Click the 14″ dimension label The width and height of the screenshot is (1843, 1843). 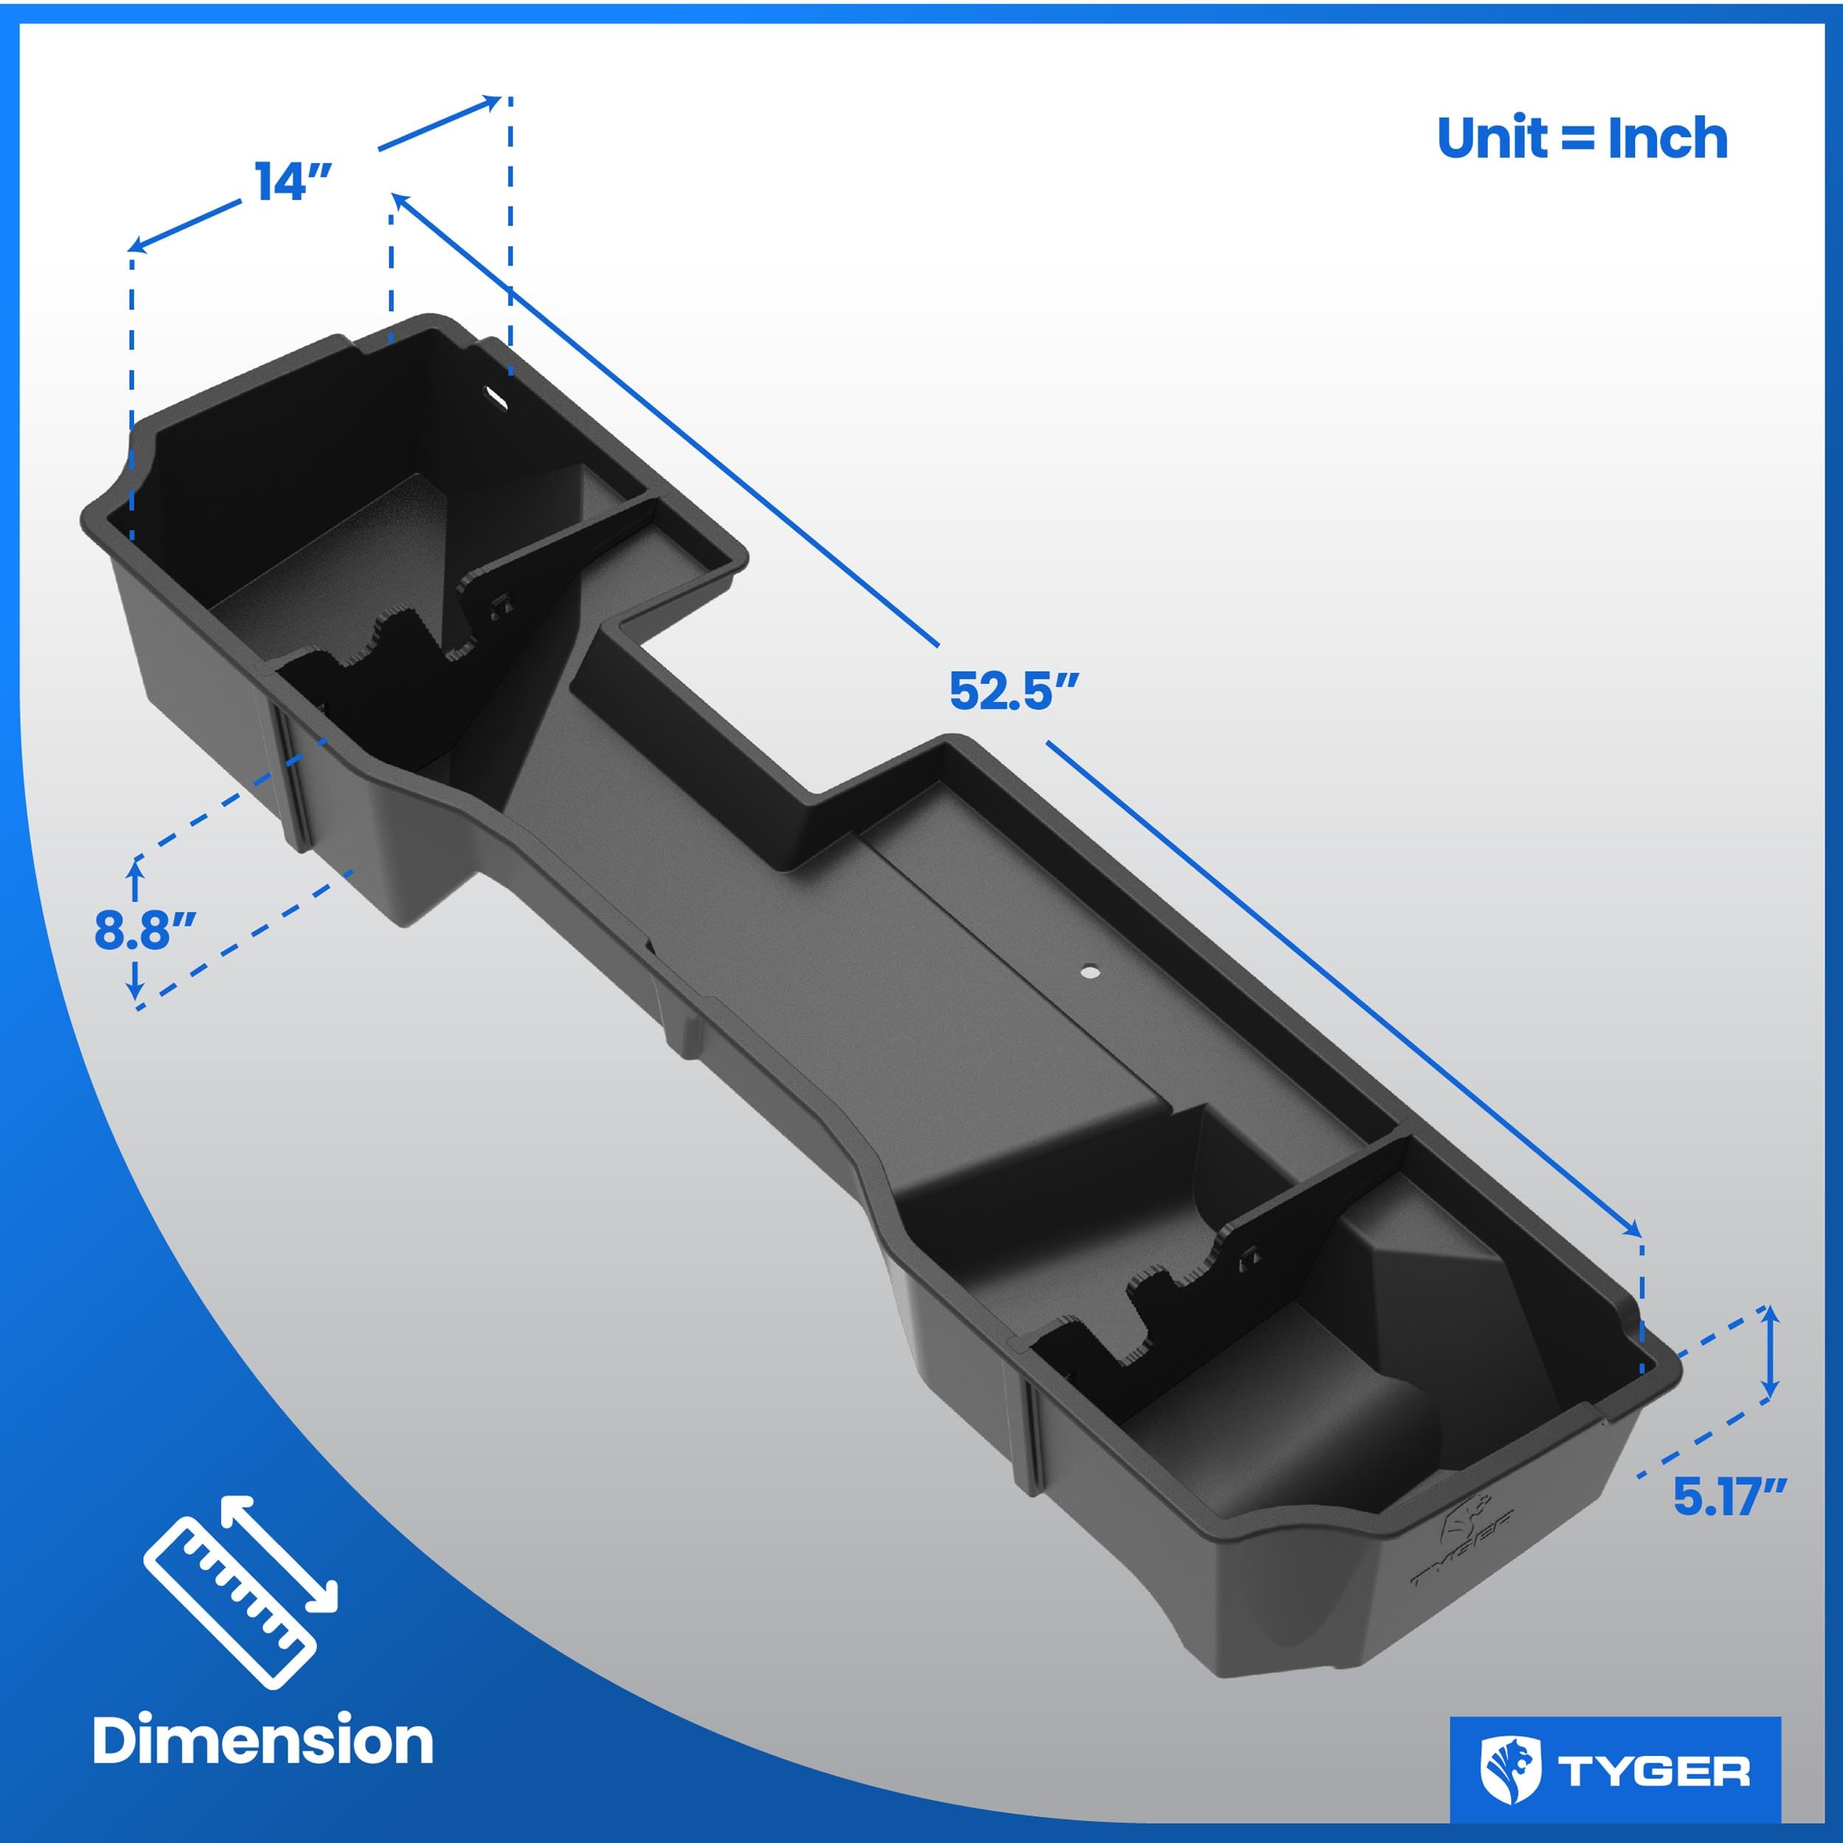tap(293, 181)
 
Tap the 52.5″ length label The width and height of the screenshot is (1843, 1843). tap(1013, 691)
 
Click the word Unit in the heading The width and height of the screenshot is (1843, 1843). tap(1493, 139)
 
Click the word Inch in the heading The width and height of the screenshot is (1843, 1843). tap(1668, 139)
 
